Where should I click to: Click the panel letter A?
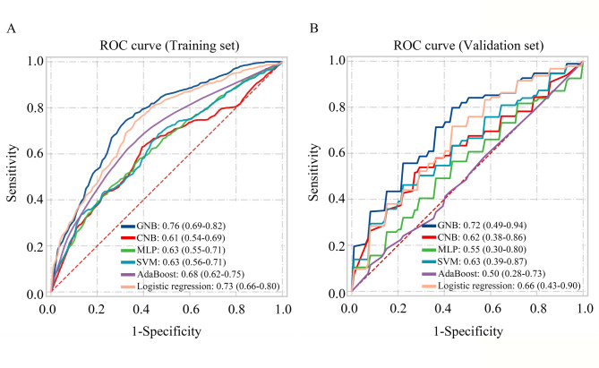click(x=11, y=29)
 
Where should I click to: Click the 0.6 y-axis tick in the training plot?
click(x=33, y=154)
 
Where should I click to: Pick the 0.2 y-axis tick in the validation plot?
click(x=336, y=247)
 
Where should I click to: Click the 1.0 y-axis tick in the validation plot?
click(x=336, y=61)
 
